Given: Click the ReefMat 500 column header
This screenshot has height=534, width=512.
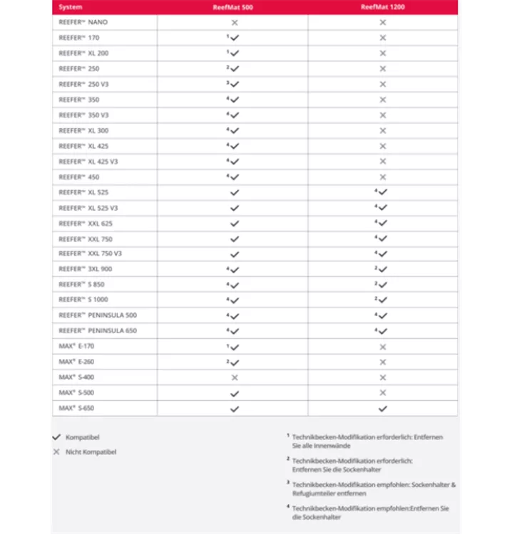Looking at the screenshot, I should [x=232, y=7].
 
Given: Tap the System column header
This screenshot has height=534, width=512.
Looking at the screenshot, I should [x=71, y=7].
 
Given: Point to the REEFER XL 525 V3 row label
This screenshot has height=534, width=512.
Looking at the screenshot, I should [x=88, y=208].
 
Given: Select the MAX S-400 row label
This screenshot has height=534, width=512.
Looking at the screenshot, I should [x=76, y=377].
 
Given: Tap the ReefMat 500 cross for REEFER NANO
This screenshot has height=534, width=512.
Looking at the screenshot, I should [x=235, y=23].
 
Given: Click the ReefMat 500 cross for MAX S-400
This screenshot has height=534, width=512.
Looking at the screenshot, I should [x=235, y=377].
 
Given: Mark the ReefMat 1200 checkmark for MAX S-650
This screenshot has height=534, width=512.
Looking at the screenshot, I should [x=383, y=409].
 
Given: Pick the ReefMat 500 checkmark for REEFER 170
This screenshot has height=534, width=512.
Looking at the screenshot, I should [x=235, y=38].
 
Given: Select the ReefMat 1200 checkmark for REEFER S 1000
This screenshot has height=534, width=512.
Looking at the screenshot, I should [x=383, y=300].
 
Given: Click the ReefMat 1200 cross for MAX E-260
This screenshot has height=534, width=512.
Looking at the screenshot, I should [x=383, y=362].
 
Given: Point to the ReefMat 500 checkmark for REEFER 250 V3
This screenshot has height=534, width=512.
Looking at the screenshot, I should [x=235, y=85].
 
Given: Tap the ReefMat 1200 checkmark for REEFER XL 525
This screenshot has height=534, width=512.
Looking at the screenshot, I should [x=383, y=192].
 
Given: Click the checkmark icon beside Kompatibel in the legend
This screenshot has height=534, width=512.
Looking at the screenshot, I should [x=57, y=437].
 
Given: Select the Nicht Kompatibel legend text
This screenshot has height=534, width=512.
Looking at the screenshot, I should [x=91, y=452].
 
